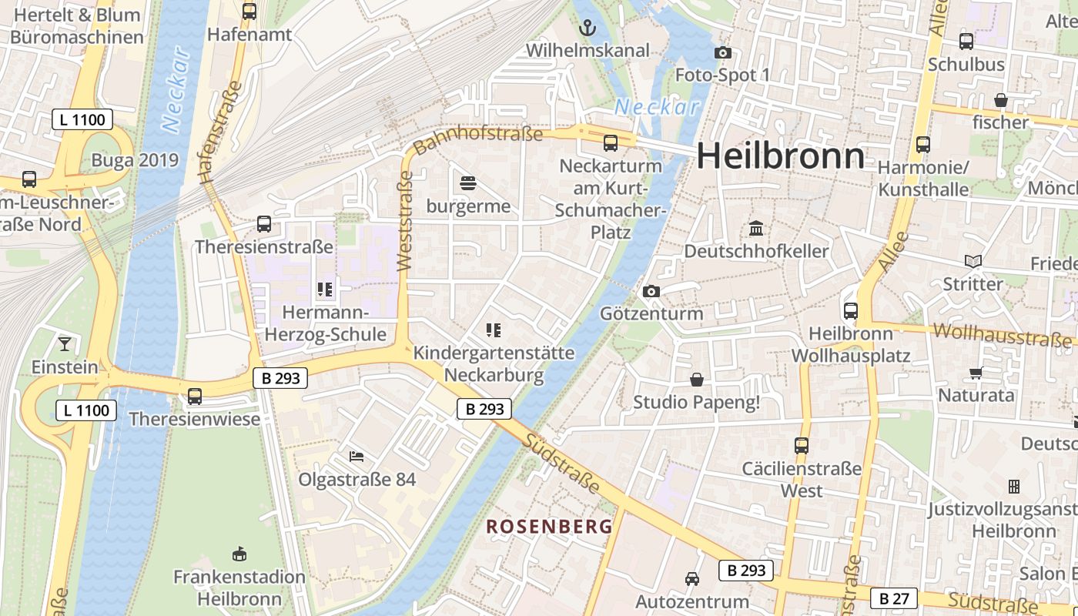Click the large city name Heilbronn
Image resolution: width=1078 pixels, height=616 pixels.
point(781,156)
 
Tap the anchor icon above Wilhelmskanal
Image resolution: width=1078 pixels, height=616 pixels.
point(588,28)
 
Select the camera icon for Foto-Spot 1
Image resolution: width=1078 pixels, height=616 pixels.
point(722,52)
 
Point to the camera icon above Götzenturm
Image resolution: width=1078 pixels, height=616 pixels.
point(651,291)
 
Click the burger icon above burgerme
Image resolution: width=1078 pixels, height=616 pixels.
point(468,183)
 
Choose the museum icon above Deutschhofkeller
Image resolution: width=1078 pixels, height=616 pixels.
point(756,229)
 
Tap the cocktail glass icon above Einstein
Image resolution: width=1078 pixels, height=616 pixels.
point(65,343)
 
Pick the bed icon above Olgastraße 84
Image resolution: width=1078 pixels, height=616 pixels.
point(357,457)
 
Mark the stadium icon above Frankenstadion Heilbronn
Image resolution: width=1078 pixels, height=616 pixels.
point(239,554)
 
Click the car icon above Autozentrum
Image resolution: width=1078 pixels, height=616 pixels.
point(691,579)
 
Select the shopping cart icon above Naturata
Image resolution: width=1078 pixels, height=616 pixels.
point(976,373)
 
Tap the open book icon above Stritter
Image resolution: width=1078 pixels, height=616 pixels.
point(973,262)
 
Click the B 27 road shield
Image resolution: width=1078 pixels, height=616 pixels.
point(894,598)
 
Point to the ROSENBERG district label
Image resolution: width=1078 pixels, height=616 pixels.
point(550,527)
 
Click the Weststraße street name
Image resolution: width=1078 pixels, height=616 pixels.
point(405,222)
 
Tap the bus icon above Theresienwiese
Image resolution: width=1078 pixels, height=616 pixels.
point(195,396)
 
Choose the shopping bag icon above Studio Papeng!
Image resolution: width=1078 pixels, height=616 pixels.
point(696,380)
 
